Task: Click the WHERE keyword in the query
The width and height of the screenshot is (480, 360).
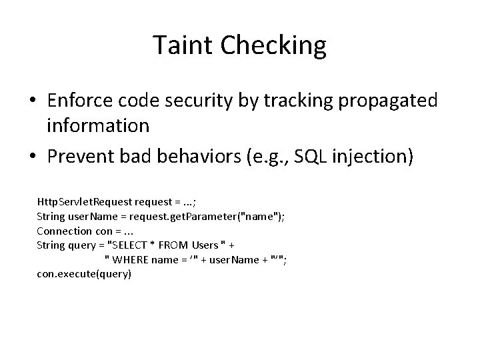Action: point(130,259)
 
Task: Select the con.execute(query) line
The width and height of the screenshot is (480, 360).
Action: point(84,274)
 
